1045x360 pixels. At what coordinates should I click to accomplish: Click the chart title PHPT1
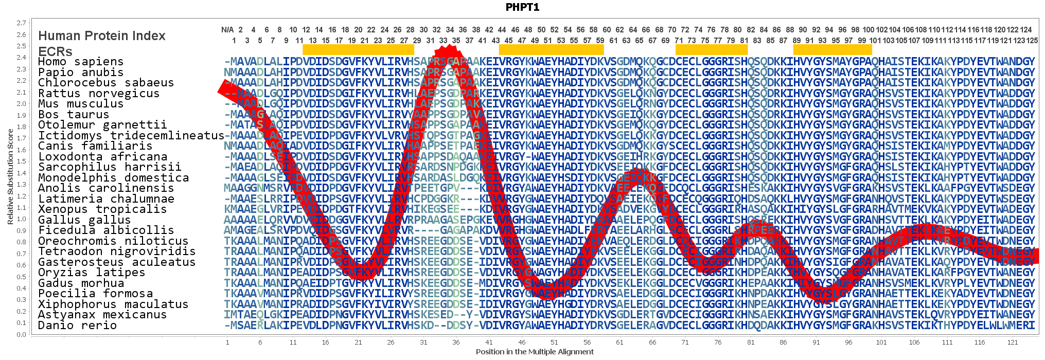coord(522,7)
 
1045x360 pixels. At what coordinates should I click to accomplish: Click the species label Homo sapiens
coord(81,62)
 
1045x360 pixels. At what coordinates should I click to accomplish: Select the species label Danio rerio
coord(77,325)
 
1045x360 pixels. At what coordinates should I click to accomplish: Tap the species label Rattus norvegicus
coord(99,93)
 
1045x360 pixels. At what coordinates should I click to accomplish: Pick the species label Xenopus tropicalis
coord(102,209)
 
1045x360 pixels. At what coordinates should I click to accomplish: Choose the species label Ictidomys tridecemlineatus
coord(131,135)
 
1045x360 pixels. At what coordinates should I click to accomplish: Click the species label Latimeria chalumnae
coord(106,199)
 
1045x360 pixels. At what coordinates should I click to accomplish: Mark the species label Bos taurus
coord(74,114)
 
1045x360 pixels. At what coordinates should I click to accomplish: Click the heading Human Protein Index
coord(102,35)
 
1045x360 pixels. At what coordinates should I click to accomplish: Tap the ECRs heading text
coord(55,51)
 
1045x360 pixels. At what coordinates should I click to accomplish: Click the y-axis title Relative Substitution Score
coord(10,176)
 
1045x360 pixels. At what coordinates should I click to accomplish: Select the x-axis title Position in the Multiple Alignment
coord(535,352)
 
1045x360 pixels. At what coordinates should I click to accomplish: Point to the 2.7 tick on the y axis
coord(21,23)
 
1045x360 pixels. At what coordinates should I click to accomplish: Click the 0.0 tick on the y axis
coord(21,334)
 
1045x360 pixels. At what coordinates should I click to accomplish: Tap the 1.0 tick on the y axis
coord(21,219)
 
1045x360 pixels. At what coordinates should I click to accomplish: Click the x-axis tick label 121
coord(1013,342)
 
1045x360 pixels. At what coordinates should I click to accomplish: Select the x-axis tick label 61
coord(619,342)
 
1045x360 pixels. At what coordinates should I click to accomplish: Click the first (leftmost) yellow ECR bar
coord(358,49)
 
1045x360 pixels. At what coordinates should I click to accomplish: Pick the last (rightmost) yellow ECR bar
coord(833,49)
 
